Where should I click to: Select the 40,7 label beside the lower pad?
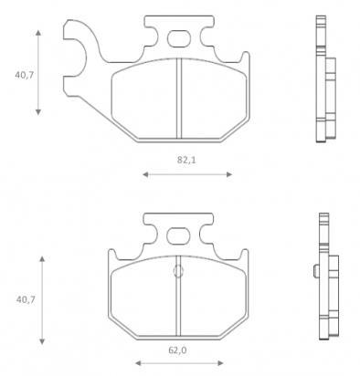point(24,298)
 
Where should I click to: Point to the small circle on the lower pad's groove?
point(178,270)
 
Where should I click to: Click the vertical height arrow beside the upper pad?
point(38,71)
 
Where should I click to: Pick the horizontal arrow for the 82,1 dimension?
point(187,172)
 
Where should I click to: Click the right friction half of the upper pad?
point(212,96)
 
